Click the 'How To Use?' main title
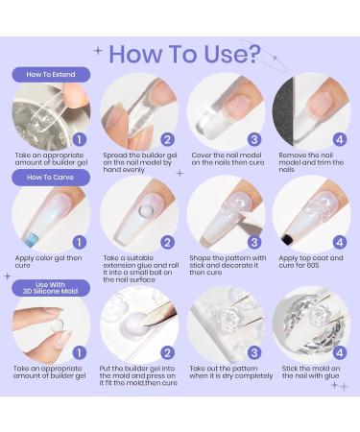[x=185, y=54]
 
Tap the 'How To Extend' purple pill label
[x=51, y=75]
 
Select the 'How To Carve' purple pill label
[x=51, y=178]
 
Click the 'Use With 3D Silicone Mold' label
[x=51, y=288]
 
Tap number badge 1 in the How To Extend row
[x=80, y=139]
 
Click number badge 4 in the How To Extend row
[x=340, y=139]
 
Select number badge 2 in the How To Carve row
[x=167, y=242]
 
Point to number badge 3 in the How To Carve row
[x=254, y=242]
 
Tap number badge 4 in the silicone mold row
[x=340, y=353]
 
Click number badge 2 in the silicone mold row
[x=167, y=353]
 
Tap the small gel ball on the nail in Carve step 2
[x=146, y=211]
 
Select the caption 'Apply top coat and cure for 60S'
[x=311, y=261]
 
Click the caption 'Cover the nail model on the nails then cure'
[x=228, y=158]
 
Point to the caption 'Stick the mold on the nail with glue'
[x=311, y=372]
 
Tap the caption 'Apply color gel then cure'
[x=48, y=261]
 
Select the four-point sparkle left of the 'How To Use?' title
[x=98, y=51]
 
